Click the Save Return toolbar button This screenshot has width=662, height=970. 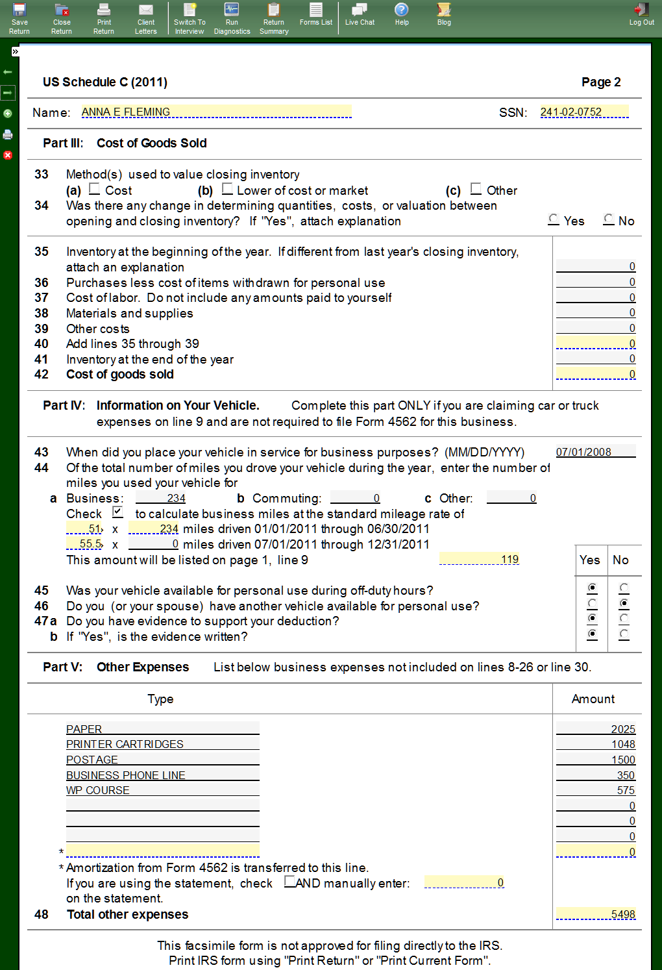(x=19, y=18)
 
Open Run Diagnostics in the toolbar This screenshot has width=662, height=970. (x=232, y=18)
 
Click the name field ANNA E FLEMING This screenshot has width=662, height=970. (x=216, y=112)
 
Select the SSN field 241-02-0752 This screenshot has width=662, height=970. (x=584, y=112)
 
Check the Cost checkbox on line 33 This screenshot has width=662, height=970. (x=95, y=189)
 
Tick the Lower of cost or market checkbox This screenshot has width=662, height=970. (x=227, y=189)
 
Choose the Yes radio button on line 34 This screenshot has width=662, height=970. (x=554, y=219)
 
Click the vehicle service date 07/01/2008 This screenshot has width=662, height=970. (x=595, y=452)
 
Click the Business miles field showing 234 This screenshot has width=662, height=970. (x=161, y=498)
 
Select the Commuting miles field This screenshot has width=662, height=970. (x=355, y=498)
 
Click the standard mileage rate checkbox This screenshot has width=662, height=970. (x=117, y=512)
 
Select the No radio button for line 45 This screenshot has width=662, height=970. (x=624, y=588)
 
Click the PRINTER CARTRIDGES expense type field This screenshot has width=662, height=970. (x=162, y=744)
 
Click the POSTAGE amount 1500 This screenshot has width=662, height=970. (x=596, y=760)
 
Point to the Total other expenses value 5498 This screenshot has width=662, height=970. (x=596, y=914)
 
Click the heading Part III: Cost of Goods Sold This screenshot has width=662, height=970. (x=125, y=143)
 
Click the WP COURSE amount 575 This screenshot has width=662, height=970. (x=596, y=790)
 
